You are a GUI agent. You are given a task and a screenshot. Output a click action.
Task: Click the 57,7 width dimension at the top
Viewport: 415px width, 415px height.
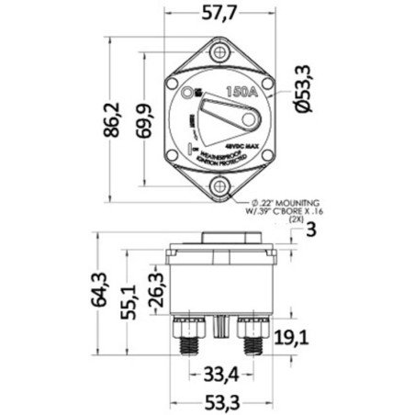click(220, 14)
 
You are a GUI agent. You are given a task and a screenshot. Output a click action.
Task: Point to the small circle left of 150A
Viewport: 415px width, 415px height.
click(188, 93)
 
